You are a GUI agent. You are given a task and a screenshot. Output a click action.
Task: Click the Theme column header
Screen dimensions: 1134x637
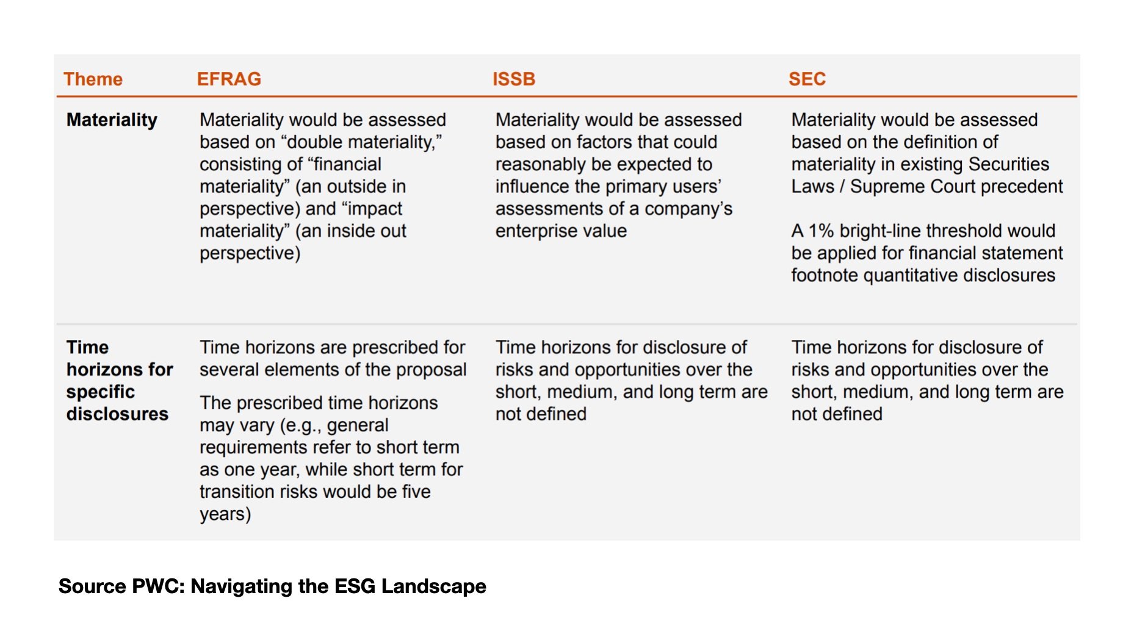93,79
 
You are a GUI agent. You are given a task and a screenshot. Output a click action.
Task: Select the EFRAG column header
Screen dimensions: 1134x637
229,79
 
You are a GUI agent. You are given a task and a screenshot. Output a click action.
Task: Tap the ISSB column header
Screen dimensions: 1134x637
514,79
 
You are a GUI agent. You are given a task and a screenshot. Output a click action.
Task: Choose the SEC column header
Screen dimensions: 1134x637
807,79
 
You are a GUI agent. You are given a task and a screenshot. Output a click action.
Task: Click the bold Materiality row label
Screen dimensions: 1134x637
112,120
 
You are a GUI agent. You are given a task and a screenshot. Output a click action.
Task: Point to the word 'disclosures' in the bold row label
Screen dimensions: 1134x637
117,414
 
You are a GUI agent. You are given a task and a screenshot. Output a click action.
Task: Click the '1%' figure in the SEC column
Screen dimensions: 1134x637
821,231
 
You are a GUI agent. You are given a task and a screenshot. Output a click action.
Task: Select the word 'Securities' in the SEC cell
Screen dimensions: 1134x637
1008,164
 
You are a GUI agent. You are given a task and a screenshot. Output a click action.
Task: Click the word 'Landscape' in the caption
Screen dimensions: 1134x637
434,586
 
